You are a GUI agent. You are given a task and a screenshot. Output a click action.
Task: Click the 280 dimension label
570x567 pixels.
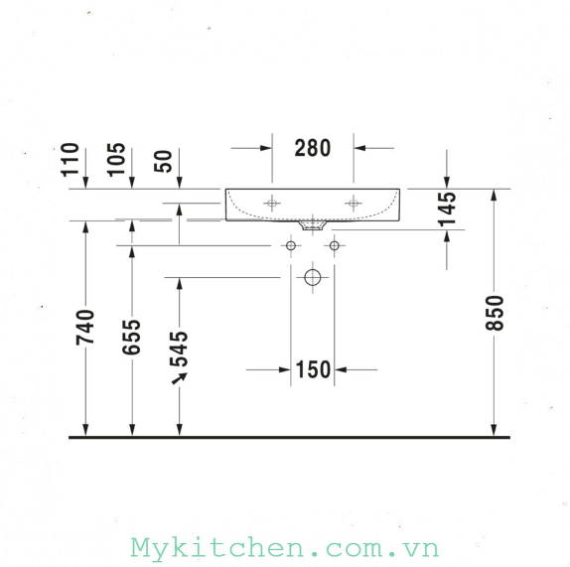pyautogui.click(x=313, y=148)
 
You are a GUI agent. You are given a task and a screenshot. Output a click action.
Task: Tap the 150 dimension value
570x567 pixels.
pyautogui.click(x=314, y=369)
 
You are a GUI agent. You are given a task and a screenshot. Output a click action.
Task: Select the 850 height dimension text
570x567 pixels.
pyautogui.click(x=495, y=313)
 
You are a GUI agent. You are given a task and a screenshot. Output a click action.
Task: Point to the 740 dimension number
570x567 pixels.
pyautogui.click(x=85, y=327)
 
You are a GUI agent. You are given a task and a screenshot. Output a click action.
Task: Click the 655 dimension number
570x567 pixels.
pyautogui.click(x=131, y=337)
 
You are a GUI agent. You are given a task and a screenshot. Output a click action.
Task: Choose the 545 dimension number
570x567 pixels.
pyautogui.click(x=179, y=349)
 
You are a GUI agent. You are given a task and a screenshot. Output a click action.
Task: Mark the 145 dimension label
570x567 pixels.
pyautogui.click(x=447, y=209)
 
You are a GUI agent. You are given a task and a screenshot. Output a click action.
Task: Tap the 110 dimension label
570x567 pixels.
pyautogui.click(x=71, y=160)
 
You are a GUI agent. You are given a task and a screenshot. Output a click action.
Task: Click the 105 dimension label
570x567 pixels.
pyautogui.click(x=116, y=160)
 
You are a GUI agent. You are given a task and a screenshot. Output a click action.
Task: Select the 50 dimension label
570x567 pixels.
pyautogui.click(x=163, y=162)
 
